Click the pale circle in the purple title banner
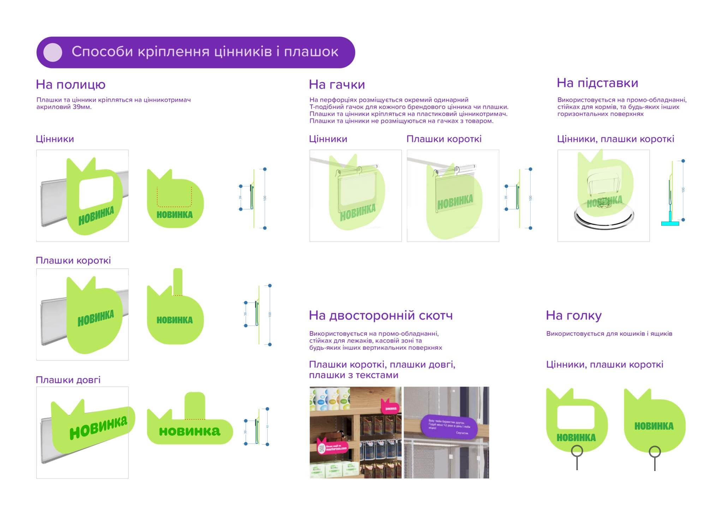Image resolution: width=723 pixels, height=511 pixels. click(x=53, y=52)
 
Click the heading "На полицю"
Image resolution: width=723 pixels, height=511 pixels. click(x=71, y=85)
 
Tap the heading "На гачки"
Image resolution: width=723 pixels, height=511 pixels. click(x=337, y=85)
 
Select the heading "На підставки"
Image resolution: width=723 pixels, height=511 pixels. click(x=597, y=83)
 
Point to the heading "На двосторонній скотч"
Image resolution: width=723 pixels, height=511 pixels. click(x=381, y=315)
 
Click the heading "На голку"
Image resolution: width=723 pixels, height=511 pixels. click(x=574, y=315)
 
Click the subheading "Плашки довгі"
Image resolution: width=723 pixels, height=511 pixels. click(x=68, y=380)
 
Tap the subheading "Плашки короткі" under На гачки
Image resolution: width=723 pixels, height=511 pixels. click(x=444, y=139)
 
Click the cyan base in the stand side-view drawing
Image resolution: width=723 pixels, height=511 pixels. click(x=670, y=223)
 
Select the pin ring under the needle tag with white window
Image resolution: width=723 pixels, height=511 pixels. click(x=577, y=451)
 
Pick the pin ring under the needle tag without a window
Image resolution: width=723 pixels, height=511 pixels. click(x=655, y=451)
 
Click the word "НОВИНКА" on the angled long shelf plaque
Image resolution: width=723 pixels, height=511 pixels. click(x=98, y=427)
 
